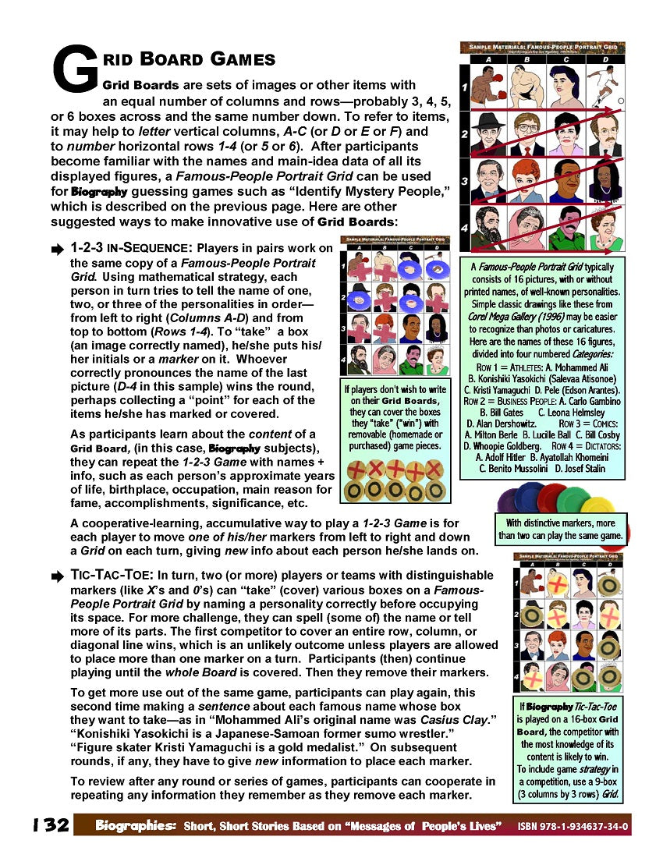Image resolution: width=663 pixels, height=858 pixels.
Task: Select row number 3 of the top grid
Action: point(465,181)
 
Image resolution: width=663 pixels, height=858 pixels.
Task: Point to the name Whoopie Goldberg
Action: point(502,445)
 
